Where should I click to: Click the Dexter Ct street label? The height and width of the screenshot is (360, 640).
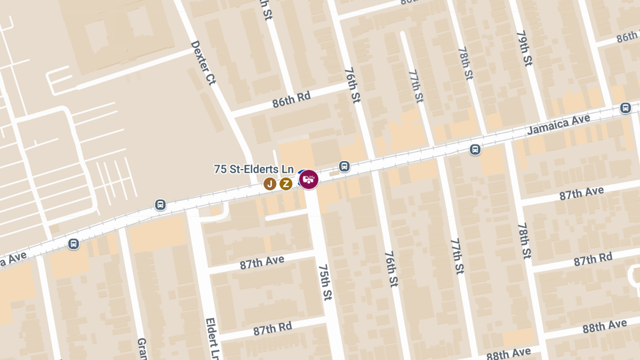203,63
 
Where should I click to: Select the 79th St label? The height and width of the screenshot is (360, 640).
524,48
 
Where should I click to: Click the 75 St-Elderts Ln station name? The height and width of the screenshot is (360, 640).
254,169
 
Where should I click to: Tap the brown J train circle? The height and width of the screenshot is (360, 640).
270,184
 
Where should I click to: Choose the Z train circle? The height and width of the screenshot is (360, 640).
286,184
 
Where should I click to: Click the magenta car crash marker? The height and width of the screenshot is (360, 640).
309,179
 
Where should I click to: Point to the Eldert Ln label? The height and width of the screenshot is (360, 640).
211,338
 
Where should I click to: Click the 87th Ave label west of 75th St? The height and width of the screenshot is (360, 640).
262,261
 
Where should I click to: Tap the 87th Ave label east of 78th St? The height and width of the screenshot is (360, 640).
581,193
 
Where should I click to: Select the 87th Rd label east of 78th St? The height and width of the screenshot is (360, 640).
593,260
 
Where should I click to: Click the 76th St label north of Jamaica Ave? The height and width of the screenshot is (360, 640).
353,85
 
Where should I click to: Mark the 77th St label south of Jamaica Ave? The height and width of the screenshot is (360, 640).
458,256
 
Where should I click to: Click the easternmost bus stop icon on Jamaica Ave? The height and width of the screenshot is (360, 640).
626,108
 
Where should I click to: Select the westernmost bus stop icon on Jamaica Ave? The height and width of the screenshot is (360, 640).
74,244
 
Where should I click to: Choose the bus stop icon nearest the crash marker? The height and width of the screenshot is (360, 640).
345,166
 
